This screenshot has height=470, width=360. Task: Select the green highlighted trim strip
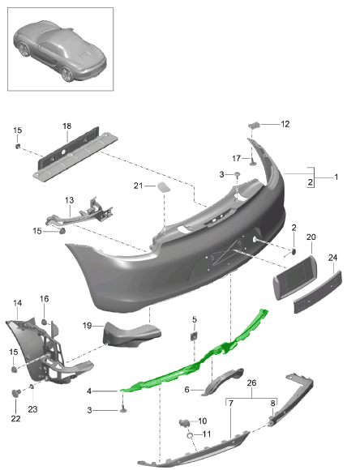195,357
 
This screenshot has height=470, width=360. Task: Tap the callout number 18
66,126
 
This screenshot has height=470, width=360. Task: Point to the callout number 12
285,124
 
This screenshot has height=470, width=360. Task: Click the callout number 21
139,186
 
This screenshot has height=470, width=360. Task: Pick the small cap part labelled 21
163,187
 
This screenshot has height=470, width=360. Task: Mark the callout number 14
17,303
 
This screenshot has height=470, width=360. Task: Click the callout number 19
86,326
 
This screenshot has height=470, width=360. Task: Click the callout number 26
251,382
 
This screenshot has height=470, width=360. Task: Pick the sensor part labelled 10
184,422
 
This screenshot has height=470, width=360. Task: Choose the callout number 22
16,418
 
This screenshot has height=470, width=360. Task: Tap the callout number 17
238,157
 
